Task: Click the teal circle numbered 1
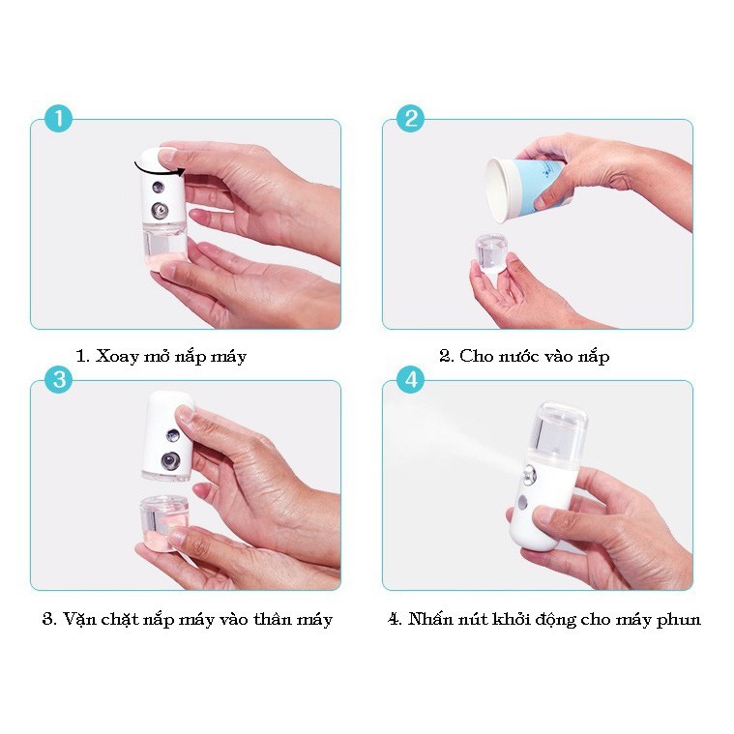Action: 59,118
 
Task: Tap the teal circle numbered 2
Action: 411,118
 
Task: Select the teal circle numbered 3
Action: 59,379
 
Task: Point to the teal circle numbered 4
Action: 411,379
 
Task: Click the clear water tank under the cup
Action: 490,252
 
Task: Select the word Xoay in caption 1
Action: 117,357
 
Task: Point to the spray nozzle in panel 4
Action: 529,477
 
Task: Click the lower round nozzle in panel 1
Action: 160,211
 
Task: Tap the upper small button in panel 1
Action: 158,188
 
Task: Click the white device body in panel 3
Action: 168,436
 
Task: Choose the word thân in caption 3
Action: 271,619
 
